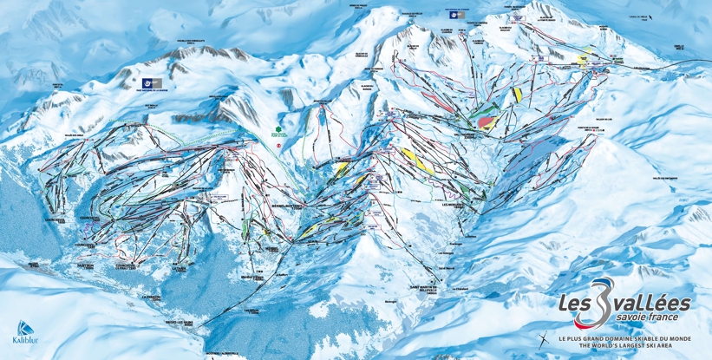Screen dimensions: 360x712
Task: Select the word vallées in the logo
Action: point(654,303)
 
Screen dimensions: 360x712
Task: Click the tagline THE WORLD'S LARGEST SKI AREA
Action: point(623,345)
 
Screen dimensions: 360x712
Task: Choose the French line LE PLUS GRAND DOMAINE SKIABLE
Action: point(623,337)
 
